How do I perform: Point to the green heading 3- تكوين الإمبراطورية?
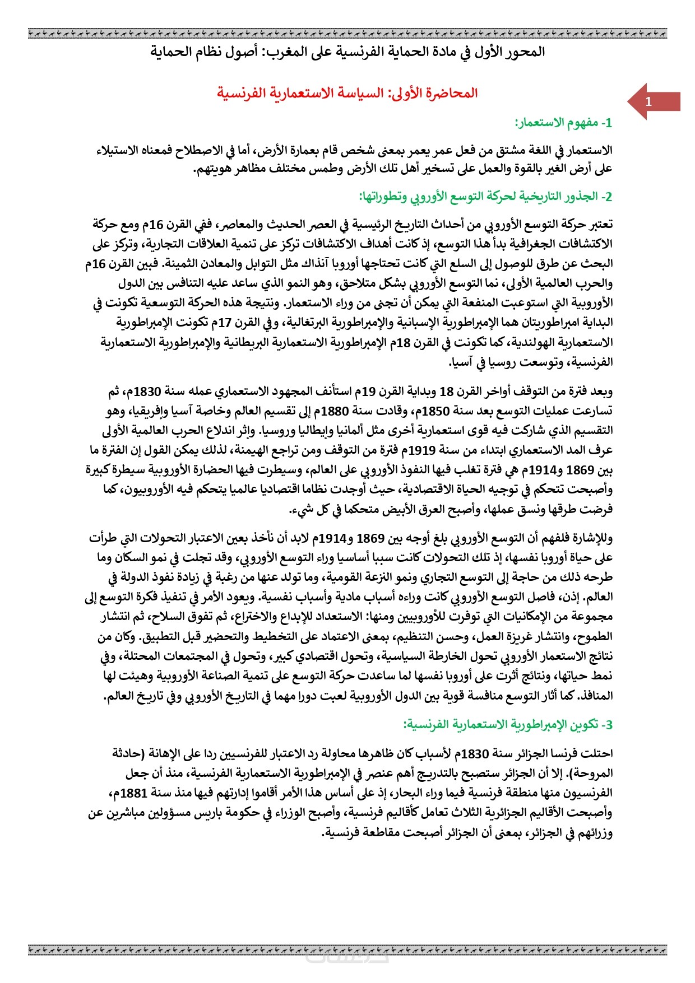[508, 724]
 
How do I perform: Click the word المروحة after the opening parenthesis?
[592, 774]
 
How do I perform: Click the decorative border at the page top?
[347, 34]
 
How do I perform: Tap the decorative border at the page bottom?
[347, 949]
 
